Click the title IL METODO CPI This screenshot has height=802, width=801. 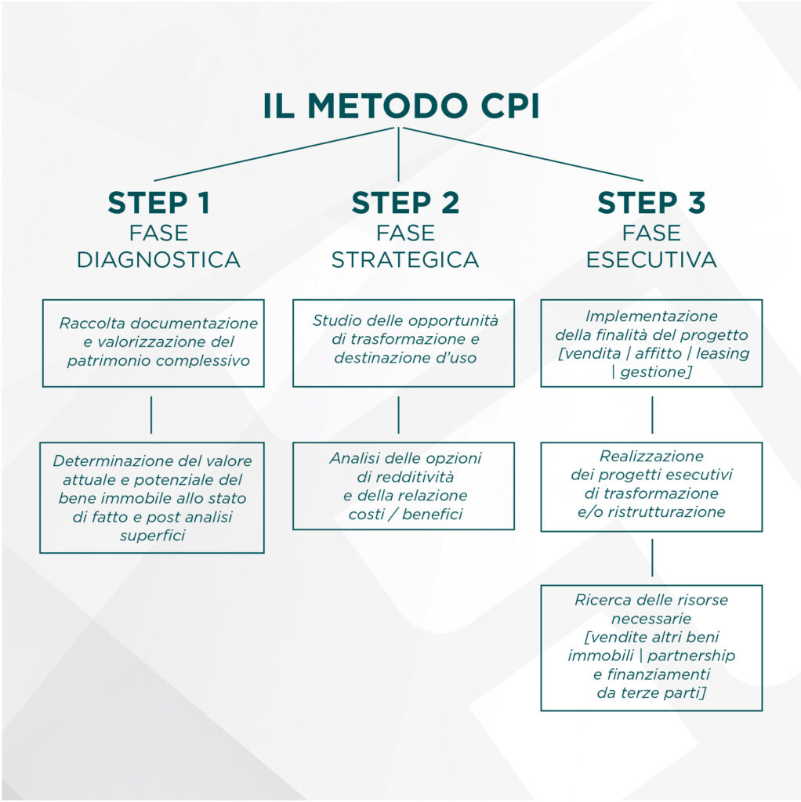point(400,107)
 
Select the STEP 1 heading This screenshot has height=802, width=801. point(159,202)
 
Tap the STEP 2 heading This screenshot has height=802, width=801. point(404,202)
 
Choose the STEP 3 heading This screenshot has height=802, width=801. point(651,202)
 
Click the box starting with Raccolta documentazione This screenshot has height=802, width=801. point(153,342)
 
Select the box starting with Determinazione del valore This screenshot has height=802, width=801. point(152,497)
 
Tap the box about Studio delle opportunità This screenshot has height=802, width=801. point(404,342)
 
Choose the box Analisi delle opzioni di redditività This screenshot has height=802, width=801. point(404,486)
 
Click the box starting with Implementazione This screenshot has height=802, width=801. point(651,342)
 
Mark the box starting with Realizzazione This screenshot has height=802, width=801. point(651,486)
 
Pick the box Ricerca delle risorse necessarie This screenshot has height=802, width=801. point(651,647)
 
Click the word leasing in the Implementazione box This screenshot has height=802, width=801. point(724,353)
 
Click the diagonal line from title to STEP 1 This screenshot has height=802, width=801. point(274,154)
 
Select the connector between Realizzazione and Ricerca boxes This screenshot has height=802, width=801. point(652,558)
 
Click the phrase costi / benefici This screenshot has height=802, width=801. point(405,515)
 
